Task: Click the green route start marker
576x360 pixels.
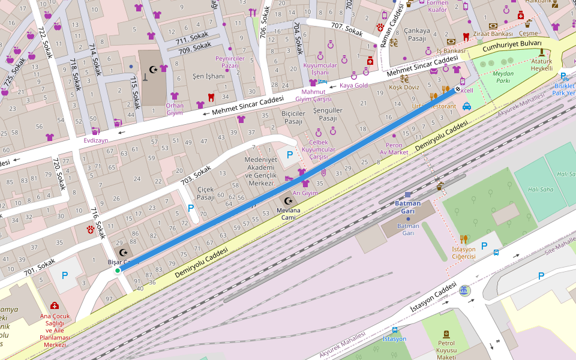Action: pos(118,271)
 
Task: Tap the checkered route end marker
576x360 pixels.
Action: pos(458,89)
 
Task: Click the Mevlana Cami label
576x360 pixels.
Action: pos(289,214)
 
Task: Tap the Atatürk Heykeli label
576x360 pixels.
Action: pos(541,65)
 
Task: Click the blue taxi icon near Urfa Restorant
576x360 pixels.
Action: pos(467,106)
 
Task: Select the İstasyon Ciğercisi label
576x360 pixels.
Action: pos(464,253)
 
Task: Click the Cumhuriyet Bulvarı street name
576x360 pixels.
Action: pos(512,46)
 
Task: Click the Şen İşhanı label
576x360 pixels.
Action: pos(208,76)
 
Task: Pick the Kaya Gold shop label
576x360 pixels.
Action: pos(353,85)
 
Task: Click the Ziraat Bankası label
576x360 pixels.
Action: pos(493,34)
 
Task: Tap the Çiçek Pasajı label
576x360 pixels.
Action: pos(206,193)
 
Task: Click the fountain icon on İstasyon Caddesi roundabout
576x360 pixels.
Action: pos(464,291)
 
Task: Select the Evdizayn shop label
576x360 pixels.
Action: pos(96,140)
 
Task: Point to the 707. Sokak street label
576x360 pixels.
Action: pos(347,29)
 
